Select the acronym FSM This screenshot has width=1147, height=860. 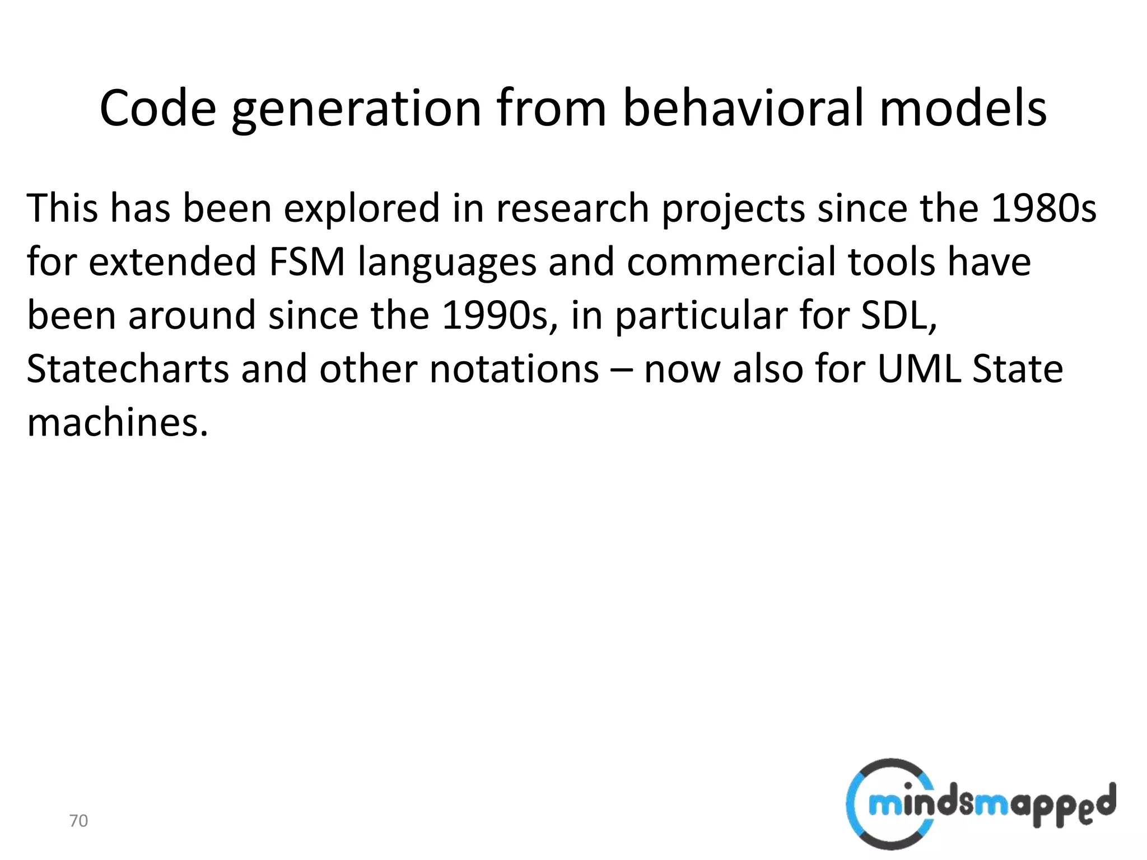pyautogui.click(x=307, y=261)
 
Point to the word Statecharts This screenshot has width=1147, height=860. pyautogui.click(x=128, y=369)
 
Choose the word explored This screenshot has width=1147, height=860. pyautogui.click(x=362, y=208)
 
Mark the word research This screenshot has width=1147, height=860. pyautogui.click(x=572, y=208)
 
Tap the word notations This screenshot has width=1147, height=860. pyautogui.click(x=514, y=369)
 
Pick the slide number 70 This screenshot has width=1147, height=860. pyautogui.click(x=78, y=821)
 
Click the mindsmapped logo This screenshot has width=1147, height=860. pyautogui.click(x=980, y=804)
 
